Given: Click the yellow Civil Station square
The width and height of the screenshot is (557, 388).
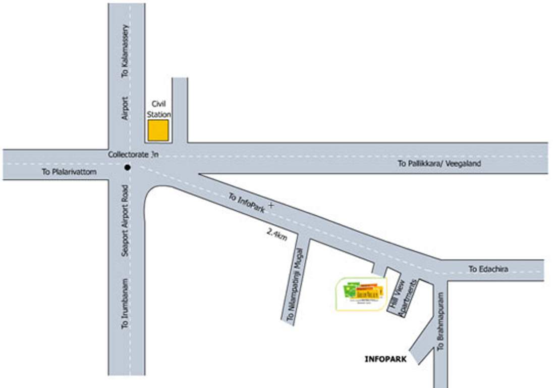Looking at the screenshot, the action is click(158, 130).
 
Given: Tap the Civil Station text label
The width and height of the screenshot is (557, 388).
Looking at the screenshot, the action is click(158, 110).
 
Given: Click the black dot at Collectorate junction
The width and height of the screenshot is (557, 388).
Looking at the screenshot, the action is click(128, 167).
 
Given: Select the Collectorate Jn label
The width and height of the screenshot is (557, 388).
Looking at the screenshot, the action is click(133, 155).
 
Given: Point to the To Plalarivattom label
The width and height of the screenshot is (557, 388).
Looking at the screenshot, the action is click(69, 172).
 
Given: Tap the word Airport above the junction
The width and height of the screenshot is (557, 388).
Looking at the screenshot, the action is click(126, 108).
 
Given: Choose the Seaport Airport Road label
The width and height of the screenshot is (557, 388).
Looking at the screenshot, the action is click(126, 220).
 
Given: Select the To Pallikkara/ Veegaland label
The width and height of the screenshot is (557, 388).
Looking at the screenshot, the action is click(439, 164).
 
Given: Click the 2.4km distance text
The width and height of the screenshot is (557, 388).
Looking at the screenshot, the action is click(276, 234).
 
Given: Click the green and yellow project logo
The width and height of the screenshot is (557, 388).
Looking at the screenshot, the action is click(361, 294).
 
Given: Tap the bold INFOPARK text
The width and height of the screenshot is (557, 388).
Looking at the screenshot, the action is click(385, 360).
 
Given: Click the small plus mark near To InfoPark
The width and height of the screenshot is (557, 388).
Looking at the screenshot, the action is click(271, 205).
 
